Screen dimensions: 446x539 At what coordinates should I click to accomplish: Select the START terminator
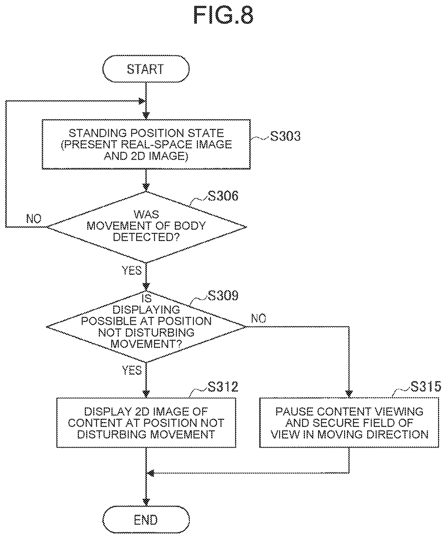pos(146,69)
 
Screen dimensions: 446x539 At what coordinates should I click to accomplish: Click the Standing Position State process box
pos(146,144)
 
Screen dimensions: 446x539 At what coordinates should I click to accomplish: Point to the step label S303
pos(285,136)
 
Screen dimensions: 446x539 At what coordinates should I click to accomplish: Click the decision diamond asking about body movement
pos(146,227)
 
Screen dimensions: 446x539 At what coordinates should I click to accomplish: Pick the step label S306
pos(223,196)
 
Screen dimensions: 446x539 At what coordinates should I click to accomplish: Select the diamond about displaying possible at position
pos(146,327)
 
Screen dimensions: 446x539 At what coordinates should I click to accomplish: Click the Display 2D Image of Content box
pos(146,423)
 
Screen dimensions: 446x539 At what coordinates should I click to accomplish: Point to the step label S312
pos(223,386)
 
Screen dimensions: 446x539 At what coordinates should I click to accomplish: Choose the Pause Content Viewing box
pos(349,423)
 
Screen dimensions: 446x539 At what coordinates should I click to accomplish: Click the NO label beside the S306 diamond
pos(34,218)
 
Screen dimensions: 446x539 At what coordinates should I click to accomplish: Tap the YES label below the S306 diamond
pos(132,270)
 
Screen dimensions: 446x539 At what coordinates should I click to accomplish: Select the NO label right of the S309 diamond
pos(259,318)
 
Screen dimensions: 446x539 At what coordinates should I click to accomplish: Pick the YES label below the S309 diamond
pos(132,370)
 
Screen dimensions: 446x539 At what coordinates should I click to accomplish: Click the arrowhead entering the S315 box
pos(349,394)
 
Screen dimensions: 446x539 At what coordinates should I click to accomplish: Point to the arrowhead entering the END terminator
pos(146,502)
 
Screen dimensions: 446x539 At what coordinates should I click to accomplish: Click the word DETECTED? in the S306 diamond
pos(146,237)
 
